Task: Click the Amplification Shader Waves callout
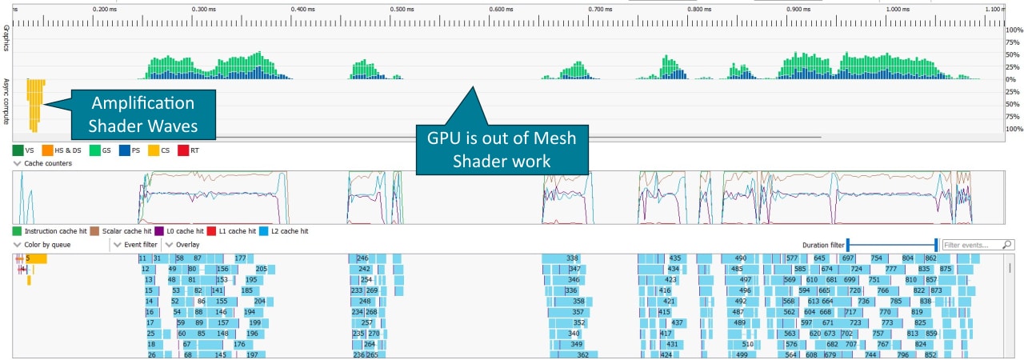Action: point(142,114)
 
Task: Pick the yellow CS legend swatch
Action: point(154,150)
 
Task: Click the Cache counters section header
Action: point(46,163)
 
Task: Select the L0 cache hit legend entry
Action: point(181,231)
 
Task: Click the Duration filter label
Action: point(823,245)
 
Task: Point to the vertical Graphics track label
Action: point(6,38)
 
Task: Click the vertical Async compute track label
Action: point(6,101)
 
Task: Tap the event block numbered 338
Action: point(572,258)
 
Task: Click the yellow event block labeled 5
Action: point(36,258)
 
